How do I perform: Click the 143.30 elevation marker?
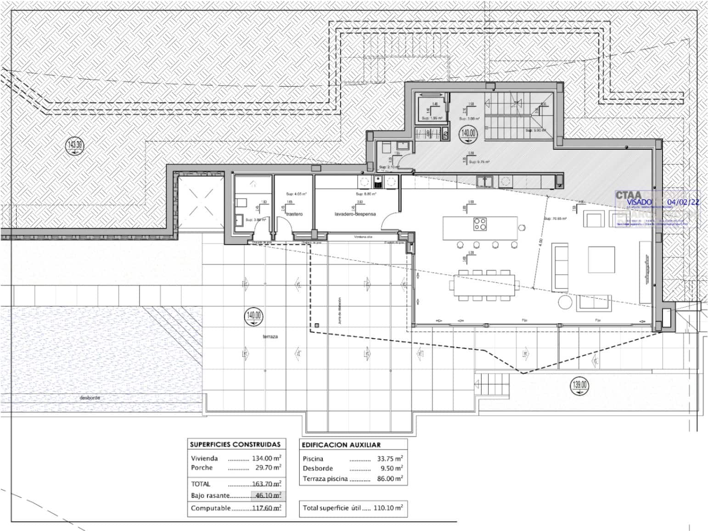tap(75, 146)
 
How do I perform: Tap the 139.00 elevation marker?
tap(579, 385)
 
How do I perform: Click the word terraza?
tap(270, 337)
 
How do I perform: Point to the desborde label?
tap(90, 398)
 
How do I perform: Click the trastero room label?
tap(294, 214)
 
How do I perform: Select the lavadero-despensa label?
tap(355, 214)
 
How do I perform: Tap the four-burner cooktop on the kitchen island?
tap(480, 225)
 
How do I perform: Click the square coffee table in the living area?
tap(601, 260)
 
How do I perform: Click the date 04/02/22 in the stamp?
tap(683, 202)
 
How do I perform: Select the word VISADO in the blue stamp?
tap(639, 202)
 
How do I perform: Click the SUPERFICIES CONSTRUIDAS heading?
tap(235, 445)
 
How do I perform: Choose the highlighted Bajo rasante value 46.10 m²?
tap(268, 496)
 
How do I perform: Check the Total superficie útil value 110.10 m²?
tap(387, 508)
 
